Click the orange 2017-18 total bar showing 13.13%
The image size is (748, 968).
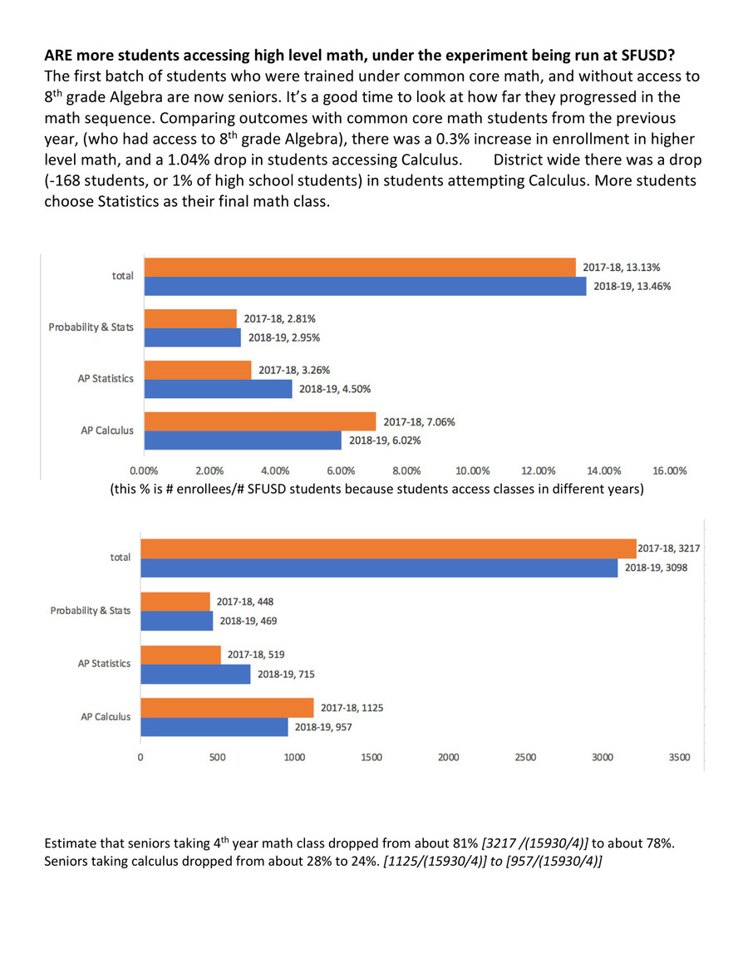click(x=360, y=268)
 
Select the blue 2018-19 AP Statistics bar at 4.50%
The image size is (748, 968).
click(x=219, y=389)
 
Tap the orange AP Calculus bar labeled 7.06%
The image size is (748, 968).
click(x=260, y=421)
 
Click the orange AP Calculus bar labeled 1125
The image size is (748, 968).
click(x=227, y=708)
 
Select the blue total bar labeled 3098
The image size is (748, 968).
click(x=378, y=568)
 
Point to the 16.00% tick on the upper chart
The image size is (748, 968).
click(x=669, y=470)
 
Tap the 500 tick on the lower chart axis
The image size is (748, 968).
click(x=217, y=757)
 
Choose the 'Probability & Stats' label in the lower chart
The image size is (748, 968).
click(x=90, y=611)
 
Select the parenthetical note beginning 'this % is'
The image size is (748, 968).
click(x=376, y=489)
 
